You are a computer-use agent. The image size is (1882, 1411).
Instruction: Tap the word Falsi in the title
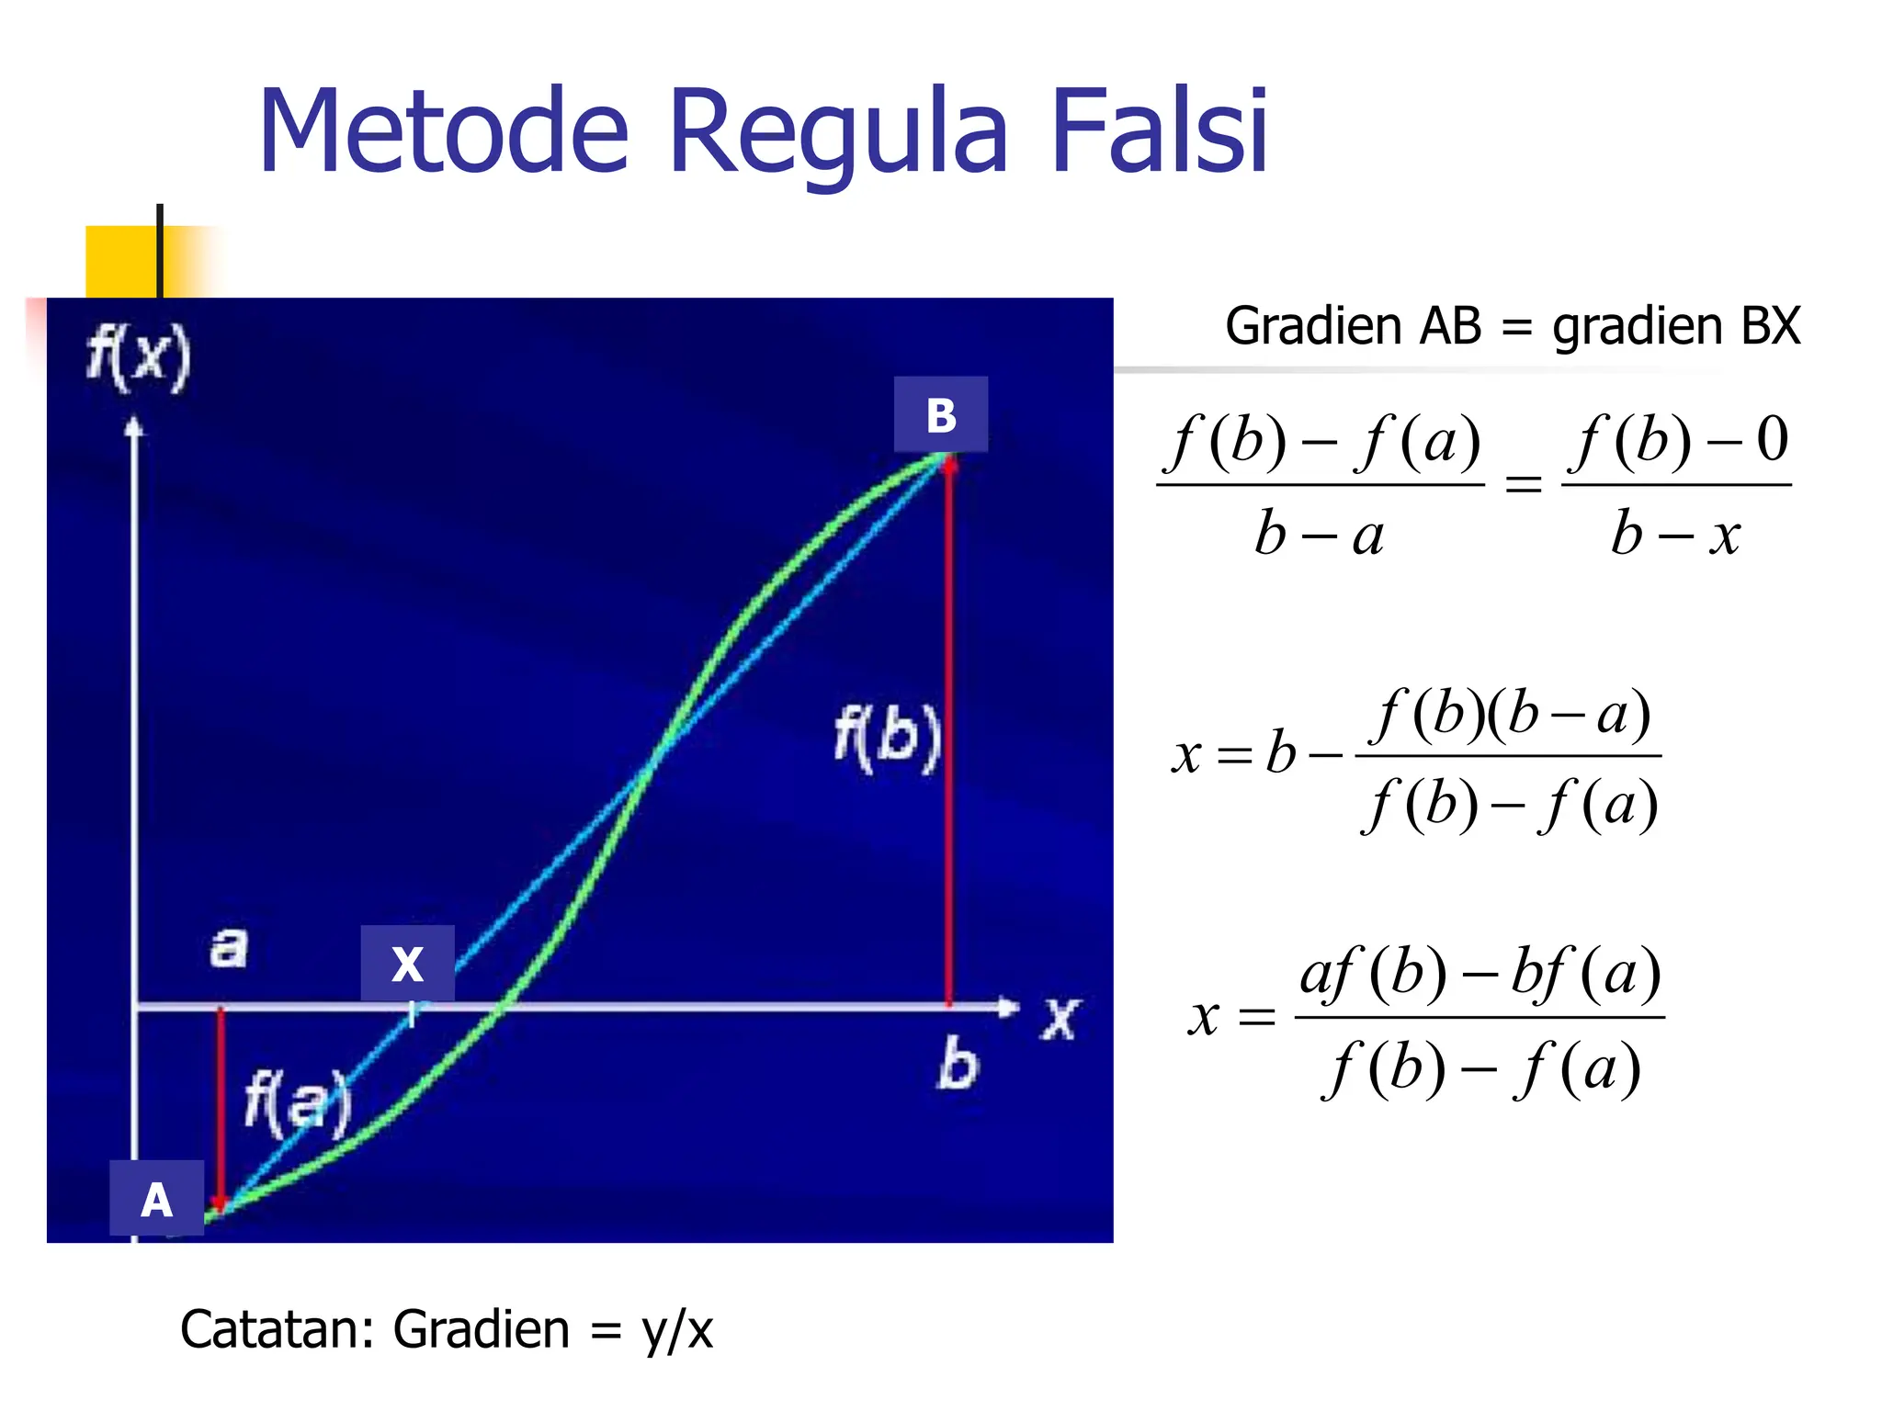pyautogui.click(x=1159, y=130)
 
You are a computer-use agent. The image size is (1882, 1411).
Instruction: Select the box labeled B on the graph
pyautogui.click(x=941, y=414)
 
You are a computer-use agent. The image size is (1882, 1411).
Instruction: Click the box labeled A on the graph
pyautogui.click(x=156, y=1199)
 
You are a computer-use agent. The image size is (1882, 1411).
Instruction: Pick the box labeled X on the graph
pyautogui.click(x=407, y=964)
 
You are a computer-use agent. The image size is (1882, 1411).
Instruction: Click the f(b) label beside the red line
pyautogui.click(x=887, y=738)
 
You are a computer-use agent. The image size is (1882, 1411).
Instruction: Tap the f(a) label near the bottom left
pyautogui.click(x=298, y=1102)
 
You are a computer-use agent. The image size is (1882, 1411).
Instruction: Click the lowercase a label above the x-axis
pyautogui.click(x=229, y=947)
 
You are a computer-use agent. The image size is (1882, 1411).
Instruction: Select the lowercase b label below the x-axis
pyautogui.click(x=958, y=1065)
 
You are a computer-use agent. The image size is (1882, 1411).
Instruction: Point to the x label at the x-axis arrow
pyautogui.click(x=1060, y=1019)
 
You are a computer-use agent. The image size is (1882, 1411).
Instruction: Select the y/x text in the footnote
pyautogui.click(x=677, y=1329)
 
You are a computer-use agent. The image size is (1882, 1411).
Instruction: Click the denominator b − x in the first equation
pyautogui.click(x=1675, y=534)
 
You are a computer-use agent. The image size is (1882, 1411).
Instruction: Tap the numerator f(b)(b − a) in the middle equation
pyautogui.click(x=1512, y=715)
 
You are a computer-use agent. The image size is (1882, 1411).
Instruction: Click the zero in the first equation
pyautogui.click(x=1773, y=439)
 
